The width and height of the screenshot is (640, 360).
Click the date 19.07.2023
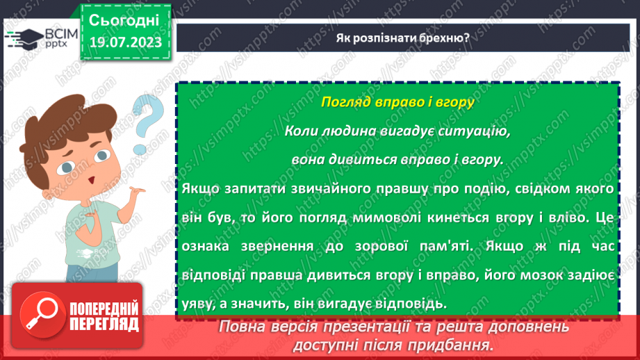click(x=124, y=43)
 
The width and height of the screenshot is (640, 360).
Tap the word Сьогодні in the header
click(x=124, y=19)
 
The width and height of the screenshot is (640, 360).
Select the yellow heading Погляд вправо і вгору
click(x=397, y=102)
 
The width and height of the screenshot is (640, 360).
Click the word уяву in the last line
click(x=194, y=304)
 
